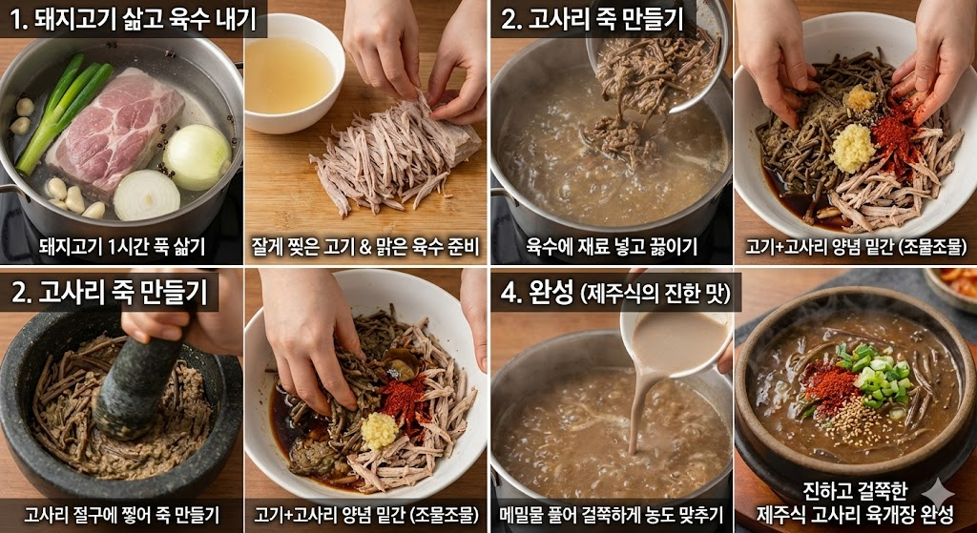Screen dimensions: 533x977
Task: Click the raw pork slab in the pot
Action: coord(114,124)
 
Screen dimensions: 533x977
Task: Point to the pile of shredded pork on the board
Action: coord(391,153)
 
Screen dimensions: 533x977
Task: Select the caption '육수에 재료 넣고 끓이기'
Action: coord(612,248)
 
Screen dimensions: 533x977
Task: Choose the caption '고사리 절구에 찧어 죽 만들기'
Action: coord(121,515)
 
